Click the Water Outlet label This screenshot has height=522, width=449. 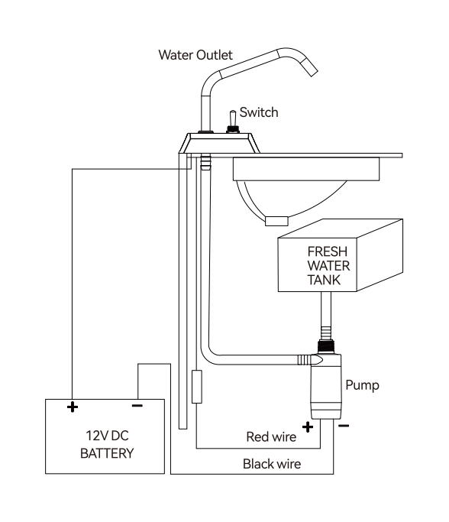(195, 55)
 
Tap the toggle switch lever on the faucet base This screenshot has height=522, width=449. (232, 118)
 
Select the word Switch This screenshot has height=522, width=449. (259, 112)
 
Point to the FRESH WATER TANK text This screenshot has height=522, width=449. (328, 266)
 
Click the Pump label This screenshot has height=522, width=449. (362, 385)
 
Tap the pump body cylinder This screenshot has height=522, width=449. (326, 387)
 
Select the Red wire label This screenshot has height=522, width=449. (271, 436)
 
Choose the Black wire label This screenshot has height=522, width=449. (272, 464)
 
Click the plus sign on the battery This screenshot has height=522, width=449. (73, 407)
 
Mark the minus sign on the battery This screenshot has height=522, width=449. (137, 406)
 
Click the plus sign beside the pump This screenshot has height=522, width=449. (308, 426)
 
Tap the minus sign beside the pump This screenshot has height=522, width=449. (344, 426)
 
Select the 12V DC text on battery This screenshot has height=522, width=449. (107, 436)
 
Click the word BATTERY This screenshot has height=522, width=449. (107, 453)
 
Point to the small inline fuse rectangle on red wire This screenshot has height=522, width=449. (197, 387)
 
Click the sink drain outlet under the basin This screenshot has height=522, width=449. (276, 221)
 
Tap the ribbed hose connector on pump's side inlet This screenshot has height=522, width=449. (310, 359)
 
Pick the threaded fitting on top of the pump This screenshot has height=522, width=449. (325, 347)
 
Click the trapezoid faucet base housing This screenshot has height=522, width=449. (219, 143)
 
